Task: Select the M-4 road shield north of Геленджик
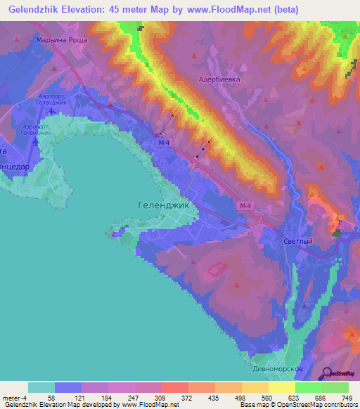pyautogui.click(x=163, y=143)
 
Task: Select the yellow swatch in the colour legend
pyautogui.click(x=281, y=387)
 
